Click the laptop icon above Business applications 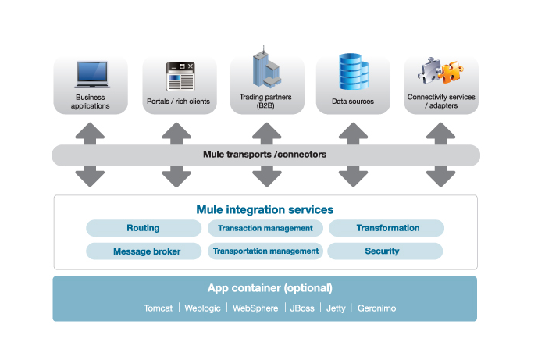[x=92, y=73]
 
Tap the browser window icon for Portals [x=179, y=76]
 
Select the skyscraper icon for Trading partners [x=265, y=69]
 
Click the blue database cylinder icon [x=352, y=72]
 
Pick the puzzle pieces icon [x=440, y=73]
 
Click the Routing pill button [x=143, y=228]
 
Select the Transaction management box [x=265, y=228]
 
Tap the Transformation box [x=387, y=228]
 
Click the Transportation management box [x=265, y=251]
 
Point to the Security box [x=383, y=251]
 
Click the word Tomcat [x=159, y=308]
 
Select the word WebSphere [x=255, y=308]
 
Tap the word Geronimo [x=376, y=308]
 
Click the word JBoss [x=302, y=308]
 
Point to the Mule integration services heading [x=265, y=209]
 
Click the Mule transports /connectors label [x=265, y=155]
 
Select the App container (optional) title [x=265, y=287]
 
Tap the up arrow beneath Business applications [x=91, y=130]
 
